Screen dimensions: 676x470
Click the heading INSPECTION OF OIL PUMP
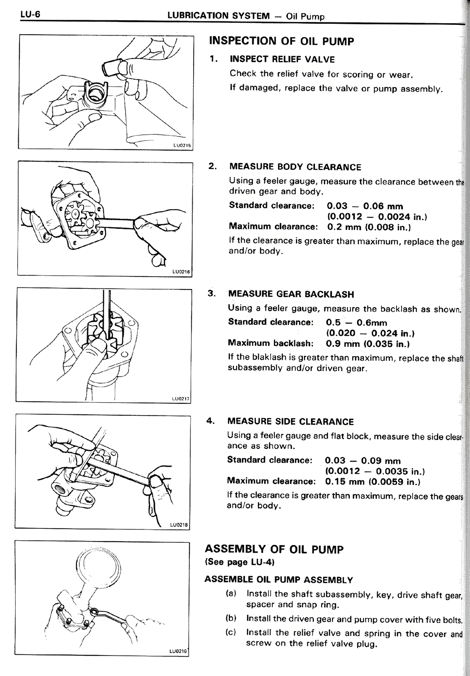click(281, 41)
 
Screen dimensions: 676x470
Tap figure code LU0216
click(181, 272)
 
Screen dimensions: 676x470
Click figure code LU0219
click(178, 651)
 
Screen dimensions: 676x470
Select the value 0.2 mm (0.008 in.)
click(368, 227)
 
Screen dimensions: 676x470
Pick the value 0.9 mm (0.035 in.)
click(368, 344)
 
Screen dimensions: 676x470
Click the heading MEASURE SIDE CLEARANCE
click(290, 422)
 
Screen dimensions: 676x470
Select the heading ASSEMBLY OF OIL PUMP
click(274, 549)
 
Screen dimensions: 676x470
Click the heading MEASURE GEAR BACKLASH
click(291, 294)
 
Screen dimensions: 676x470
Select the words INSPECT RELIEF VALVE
click(282, 59)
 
